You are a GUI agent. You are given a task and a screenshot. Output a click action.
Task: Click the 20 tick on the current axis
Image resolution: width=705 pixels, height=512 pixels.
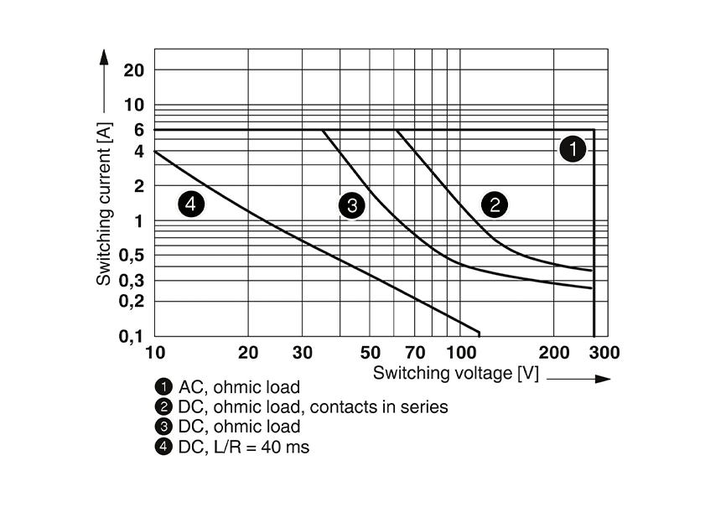tap(134, 70)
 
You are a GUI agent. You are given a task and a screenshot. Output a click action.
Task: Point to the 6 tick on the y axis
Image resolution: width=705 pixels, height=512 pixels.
tap(137, 130)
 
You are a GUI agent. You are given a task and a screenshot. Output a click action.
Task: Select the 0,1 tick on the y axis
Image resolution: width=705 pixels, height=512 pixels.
tap(132, 336)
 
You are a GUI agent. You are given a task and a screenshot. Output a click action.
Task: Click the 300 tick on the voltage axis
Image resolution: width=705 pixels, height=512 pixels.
tap(604, 353)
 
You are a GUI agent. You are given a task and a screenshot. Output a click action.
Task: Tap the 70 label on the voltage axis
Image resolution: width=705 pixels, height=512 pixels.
tap(416, 353)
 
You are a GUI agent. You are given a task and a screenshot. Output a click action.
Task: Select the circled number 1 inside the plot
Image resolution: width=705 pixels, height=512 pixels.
tap(573, 150)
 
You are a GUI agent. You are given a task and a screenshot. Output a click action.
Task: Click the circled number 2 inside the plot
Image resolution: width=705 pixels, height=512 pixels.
tap(495, 204)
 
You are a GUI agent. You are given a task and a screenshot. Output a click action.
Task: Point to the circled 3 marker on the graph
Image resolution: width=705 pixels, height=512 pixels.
tap(352, 205)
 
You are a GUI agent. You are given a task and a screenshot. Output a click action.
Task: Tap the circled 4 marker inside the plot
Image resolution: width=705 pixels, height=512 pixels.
tap(192, 204)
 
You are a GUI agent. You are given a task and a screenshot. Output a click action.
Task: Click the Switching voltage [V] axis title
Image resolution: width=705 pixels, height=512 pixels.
tap(456, 373)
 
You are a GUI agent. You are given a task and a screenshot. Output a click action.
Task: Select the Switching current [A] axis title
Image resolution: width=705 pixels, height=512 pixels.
tap(103, 202)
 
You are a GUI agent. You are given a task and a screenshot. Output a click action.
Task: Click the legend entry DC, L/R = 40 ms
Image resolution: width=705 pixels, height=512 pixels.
tap(244, 447)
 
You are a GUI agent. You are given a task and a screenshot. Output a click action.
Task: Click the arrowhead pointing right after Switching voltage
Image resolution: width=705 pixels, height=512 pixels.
tap(602, 379)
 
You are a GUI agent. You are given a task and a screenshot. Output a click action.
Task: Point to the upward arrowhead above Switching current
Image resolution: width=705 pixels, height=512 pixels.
tap(104, 57)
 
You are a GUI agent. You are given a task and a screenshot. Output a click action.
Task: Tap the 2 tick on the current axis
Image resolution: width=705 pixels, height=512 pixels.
tap(137, 185)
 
